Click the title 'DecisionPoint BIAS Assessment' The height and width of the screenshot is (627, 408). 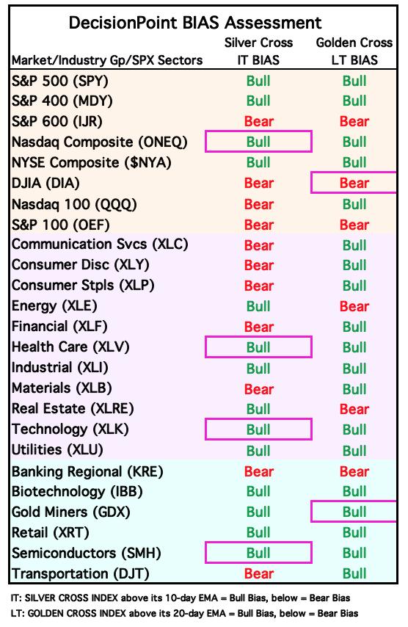pos(195,23)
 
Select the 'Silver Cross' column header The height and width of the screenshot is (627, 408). pos(258,43)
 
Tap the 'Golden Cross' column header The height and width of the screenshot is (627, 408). pos(354,43)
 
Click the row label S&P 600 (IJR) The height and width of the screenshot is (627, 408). pos(57,121)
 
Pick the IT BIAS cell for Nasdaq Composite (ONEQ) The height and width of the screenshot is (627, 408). pos(258,142)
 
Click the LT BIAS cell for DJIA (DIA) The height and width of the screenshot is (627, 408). pos(354,183)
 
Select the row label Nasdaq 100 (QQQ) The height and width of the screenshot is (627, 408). pos(74,204)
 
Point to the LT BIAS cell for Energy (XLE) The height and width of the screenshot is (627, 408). pos(354,306)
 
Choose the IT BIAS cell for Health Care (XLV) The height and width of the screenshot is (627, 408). pos(258,347)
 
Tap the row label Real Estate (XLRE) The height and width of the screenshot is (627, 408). pos(73,409)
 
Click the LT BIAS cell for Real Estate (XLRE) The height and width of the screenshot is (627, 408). pos(354,409)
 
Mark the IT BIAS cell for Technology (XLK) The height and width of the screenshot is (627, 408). pos(258,430)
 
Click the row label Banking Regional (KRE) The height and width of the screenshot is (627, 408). pos(87,471)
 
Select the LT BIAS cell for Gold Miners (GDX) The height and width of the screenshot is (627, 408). pos(354,512)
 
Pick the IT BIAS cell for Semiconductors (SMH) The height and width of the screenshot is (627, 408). pos(258,553)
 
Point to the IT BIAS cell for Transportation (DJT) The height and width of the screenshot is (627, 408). pos(258,574)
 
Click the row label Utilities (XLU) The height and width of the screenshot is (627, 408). pos(57,450)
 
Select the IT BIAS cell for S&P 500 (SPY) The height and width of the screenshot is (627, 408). pos(258,81)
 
